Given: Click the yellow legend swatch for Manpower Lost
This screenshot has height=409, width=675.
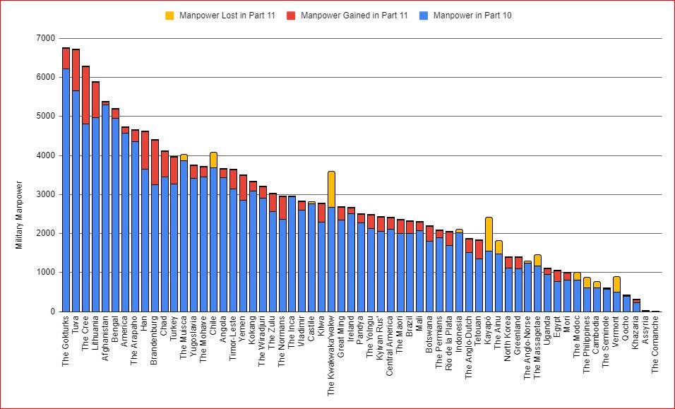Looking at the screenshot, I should click(169, 15).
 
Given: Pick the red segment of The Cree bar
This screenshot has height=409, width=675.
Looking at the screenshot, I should click(85, 95).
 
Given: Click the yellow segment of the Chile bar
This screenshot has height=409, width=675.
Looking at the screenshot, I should click(213, 160).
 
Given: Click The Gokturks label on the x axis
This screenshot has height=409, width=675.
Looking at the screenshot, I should click(66, 345).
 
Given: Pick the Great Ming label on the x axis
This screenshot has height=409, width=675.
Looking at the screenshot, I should click(341, 339).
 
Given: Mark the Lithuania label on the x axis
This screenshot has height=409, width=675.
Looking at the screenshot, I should click(95, 337).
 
